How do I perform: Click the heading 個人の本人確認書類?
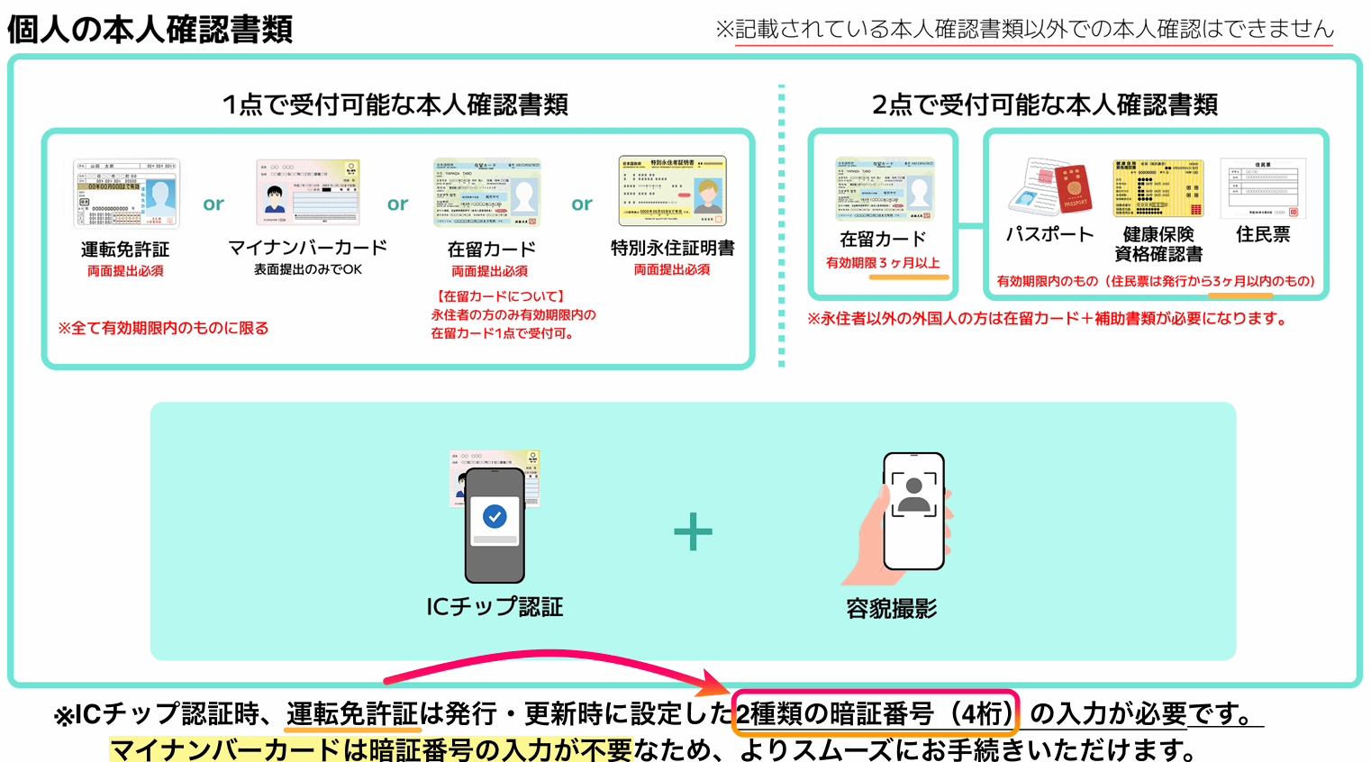150,29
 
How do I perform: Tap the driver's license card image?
126,193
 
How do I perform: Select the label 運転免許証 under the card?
125,249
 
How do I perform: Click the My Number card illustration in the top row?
308,192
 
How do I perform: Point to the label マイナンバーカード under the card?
307,248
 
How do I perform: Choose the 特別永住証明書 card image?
672,191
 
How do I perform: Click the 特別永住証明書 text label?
672,248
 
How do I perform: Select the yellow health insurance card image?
1158,188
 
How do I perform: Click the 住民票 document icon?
1263,188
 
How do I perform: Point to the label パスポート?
1049,235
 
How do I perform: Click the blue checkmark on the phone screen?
495,516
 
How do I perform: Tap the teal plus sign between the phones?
693,531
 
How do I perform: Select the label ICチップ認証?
495,607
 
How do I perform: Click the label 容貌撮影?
891,610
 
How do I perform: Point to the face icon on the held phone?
913,494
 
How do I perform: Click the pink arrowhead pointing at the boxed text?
720,686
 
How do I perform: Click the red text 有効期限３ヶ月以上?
883,263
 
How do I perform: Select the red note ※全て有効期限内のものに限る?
163,328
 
